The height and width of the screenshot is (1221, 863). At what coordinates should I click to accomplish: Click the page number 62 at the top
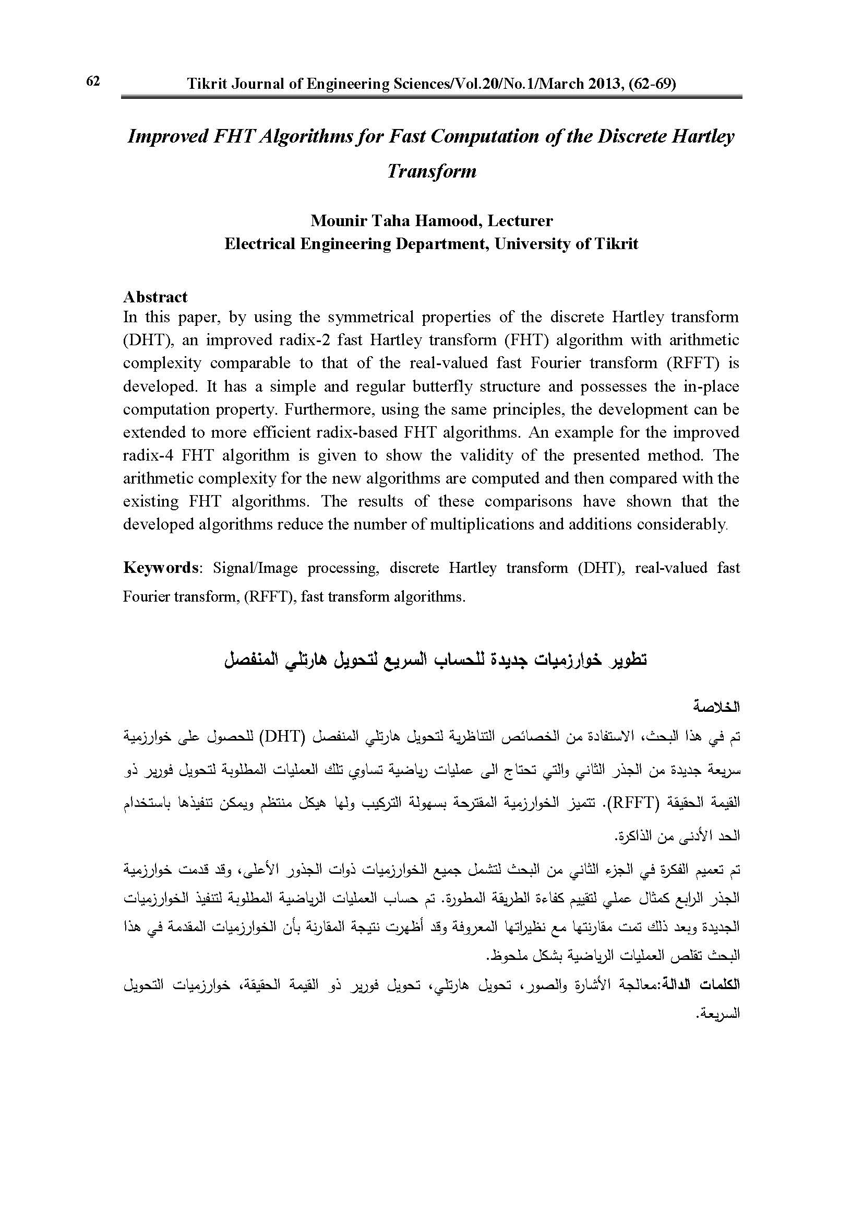click(92, 81)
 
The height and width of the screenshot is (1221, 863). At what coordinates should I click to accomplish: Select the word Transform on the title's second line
click(431, 171)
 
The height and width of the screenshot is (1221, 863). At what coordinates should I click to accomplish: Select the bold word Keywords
click(160, 568)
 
